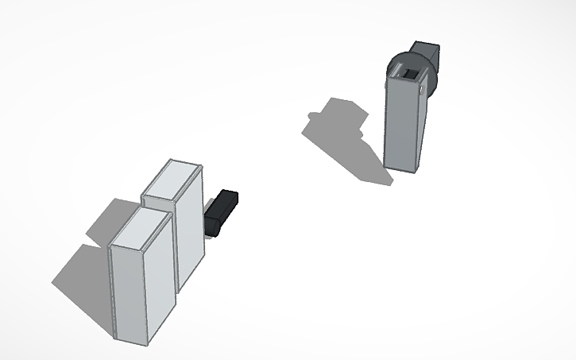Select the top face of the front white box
click(141, 231)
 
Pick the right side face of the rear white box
click(191, 226)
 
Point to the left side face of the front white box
click(114, 291)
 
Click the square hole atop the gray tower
click(412, 75)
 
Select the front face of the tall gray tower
click(403, 123)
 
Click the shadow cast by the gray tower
click(342, 135)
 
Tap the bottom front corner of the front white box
click(149, 343)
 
